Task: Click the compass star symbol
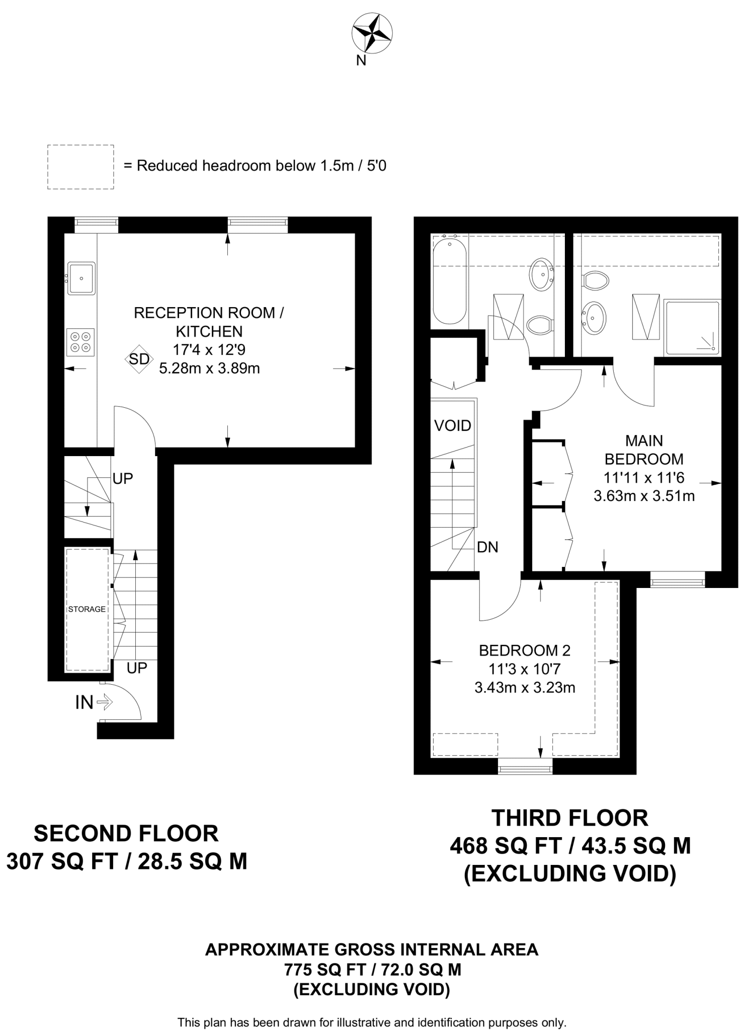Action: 372,34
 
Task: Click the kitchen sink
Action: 81,278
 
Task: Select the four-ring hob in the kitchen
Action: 80,342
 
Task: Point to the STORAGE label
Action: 87,609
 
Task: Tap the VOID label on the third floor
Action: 453,426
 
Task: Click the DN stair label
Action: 487,547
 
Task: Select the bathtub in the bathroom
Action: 450,281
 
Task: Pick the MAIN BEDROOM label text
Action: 644,450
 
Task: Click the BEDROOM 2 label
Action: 525,651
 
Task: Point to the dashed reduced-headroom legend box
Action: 80,167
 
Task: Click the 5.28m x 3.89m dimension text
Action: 209,369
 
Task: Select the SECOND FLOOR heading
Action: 126,834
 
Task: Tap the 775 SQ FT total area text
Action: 372,970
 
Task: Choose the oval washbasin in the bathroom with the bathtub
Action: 541,274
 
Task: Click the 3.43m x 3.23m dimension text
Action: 525,687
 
